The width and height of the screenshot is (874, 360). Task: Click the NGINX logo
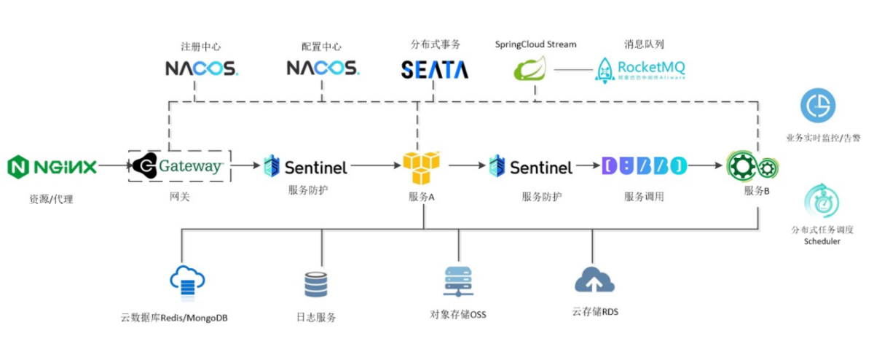tap(52, 167)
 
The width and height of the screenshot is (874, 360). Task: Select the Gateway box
tap(179, 166)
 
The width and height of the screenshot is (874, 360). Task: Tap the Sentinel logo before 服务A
tap(305, 167)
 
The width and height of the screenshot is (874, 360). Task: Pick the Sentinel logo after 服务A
tap(530, 167)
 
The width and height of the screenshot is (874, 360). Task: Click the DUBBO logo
tap(645, 167)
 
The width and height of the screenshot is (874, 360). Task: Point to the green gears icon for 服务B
tap(753, 167)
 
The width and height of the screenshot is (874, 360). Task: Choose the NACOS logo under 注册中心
tap(201, 69)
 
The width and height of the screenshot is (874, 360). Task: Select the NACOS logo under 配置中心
tap(322, 69)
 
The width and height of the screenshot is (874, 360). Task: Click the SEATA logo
tap(435, 69)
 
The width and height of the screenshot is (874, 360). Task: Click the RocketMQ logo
tap(640, 69)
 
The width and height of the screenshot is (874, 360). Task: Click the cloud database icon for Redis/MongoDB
tap(186, 281)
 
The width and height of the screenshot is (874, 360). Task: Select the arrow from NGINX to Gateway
tap(114, 166)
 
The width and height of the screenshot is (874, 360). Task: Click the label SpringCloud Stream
tap(535, 44)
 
